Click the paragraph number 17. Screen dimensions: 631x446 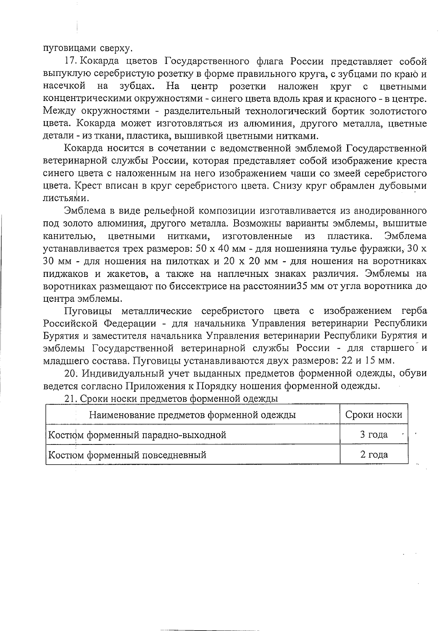coord(70,61)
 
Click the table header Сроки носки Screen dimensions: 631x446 coord(374,414)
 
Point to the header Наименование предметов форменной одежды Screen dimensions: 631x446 coord(192,414)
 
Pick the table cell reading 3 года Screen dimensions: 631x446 coord(374,434)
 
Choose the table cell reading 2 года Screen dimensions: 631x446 coord(374,454)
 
